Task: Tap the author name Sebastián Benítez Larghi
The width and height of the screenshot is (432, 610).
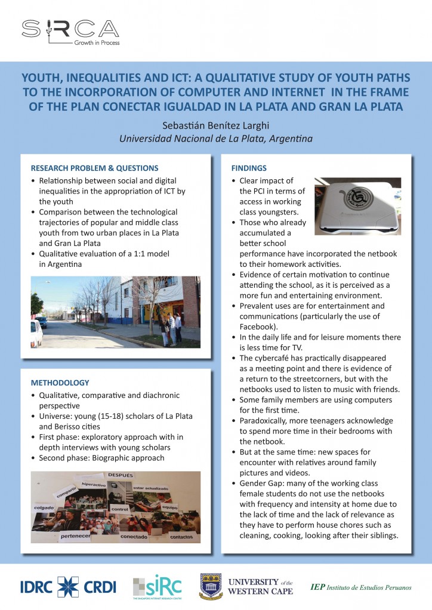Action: (216, 126)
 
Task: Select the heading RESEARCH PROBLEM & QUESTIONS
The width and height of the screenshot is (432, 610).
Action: (94, 167)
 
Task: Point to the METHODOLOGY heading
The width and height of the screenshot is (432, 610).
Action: (60, 382)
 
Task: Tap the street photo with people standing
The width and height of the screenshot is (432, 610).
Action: (116, 312)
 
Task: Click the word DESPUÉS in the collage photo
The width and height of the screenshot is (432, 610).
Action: (117, 475)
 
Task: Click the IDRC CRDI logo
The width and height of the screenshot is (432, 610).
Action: (68, 586)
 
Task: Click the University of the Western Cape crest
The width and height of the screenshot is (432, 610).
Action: (211, 586)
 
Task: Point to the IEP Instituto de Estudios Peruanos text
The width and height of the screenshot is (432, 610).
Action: (361, 587)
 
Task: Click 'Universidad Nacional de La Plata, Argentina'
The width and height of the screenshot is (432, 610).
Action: (216, 139)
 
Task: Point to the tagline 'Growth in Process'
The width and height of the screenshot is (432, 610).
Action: (96, 43)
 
